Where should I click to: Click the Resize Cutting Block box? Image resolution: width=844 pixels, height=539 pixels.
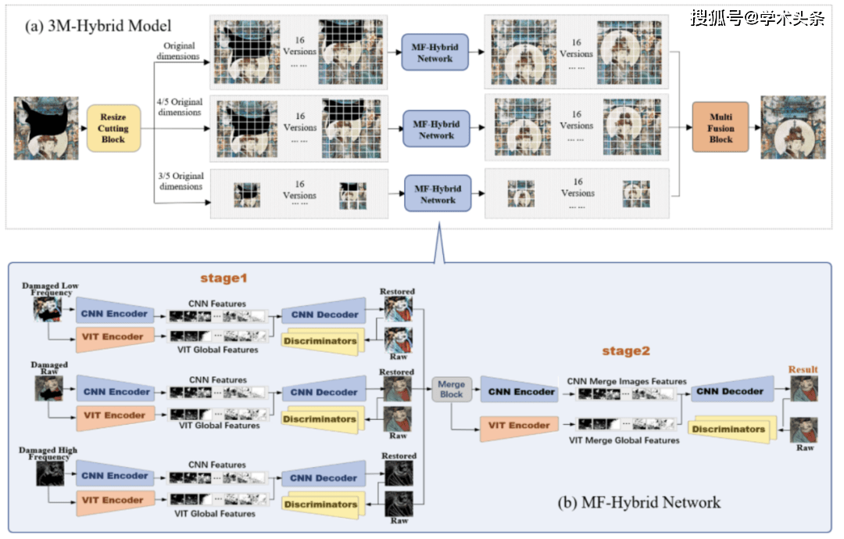tap(113, 128)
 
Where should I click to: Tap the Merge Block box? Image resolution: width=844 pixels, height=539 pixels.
tap(451, 389)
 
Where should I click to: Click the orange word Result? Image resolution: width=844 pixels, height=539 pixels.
tap(803, 369)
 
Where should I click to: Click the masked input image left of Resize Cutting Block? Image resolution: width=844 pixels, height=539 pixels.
tap(46, 128)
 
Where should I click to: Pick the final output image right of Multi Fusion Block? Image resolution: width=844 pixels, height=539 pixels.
tap(792, 128)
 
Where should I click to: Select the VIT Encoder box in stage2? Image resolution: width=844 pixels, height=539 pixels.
tap(518, 426)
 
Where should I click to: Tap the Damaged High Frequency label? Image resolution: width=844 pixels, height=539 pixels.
tap(48, 453)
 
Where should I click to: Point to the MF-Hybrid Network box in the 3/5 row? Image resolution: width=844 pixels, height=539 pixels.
tap(437, 194)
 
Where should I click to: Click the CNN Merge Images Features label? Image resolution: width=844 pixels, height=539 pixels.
tap(627, 381)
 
